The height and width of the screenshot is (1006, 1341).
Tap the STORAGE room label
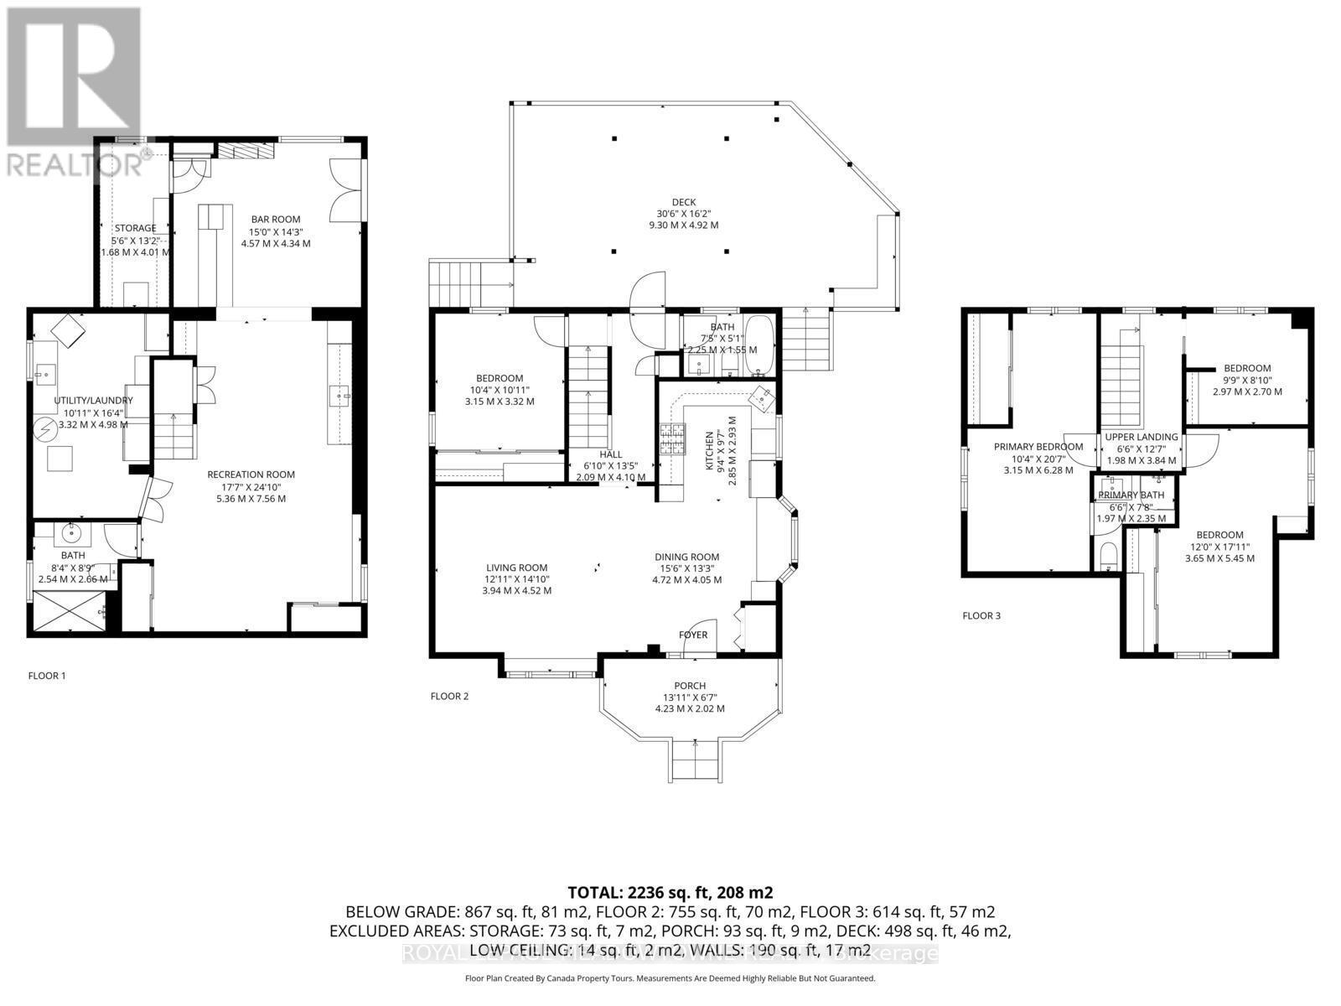pyautogui.click(x=135, y=228)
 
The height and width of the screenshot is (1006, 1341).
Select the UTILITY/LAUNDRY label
pyautogui.click(x=93, y=401)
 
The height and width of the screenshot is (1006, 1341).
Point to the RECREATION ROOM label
pyautogui.click(x=251, y=474)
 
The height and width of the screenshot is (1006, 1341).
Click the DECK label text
pyautogui.click(x=684, y=202)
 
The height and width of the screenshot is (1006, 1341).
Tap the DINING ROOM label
pyautogui.click(x=686, y=557)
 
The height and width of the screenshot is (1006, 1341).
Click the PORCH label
pyautogui.click(x=690, y=686)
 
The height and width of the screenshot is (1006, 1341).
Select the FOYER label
pyautogui.click(x=693, y=635)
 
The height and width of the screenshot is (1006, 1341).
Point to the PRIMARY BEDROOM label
pyautogui.click(x=1038, y=447)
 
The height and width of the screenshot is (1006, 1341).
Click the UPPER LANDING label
pyautogui.click(x=1141, y=437)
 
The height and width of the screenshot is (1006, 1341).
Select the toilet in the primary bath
pyautogui.click(x=1107, y=556)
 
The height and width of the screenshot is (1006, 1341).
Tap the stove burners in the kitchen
pyautogui.click(x=672, y=439)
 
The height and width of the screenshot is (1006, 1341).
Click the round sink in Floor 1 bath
pyautogui.click(x=70, y=532)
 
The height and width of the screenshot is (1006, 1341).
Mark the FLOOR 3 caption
pyautogui.click(x=981, y=616)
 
